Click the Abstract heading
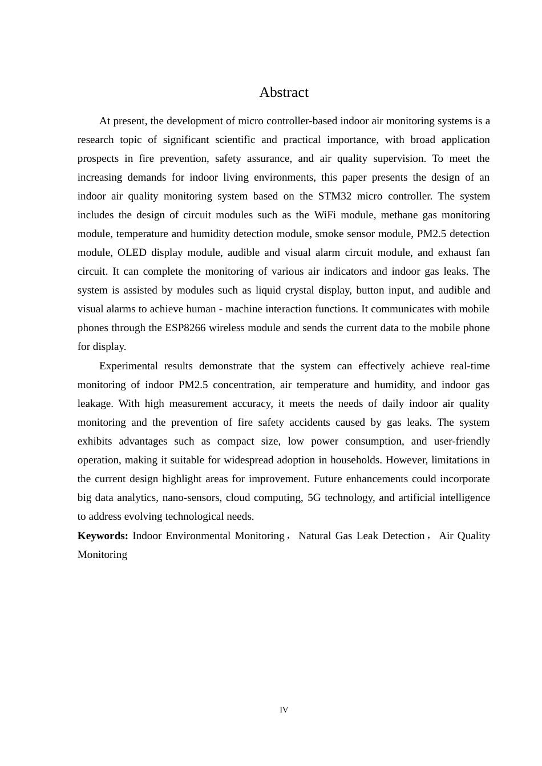[284, 92]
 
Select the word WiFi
[327, 215]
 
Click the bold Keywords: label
[103, 536]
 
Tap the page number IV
[284, 710]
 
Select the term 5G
[314, 498]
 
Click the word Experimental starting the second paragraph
[128, 366]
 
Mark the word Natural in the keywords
[315, 536]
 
